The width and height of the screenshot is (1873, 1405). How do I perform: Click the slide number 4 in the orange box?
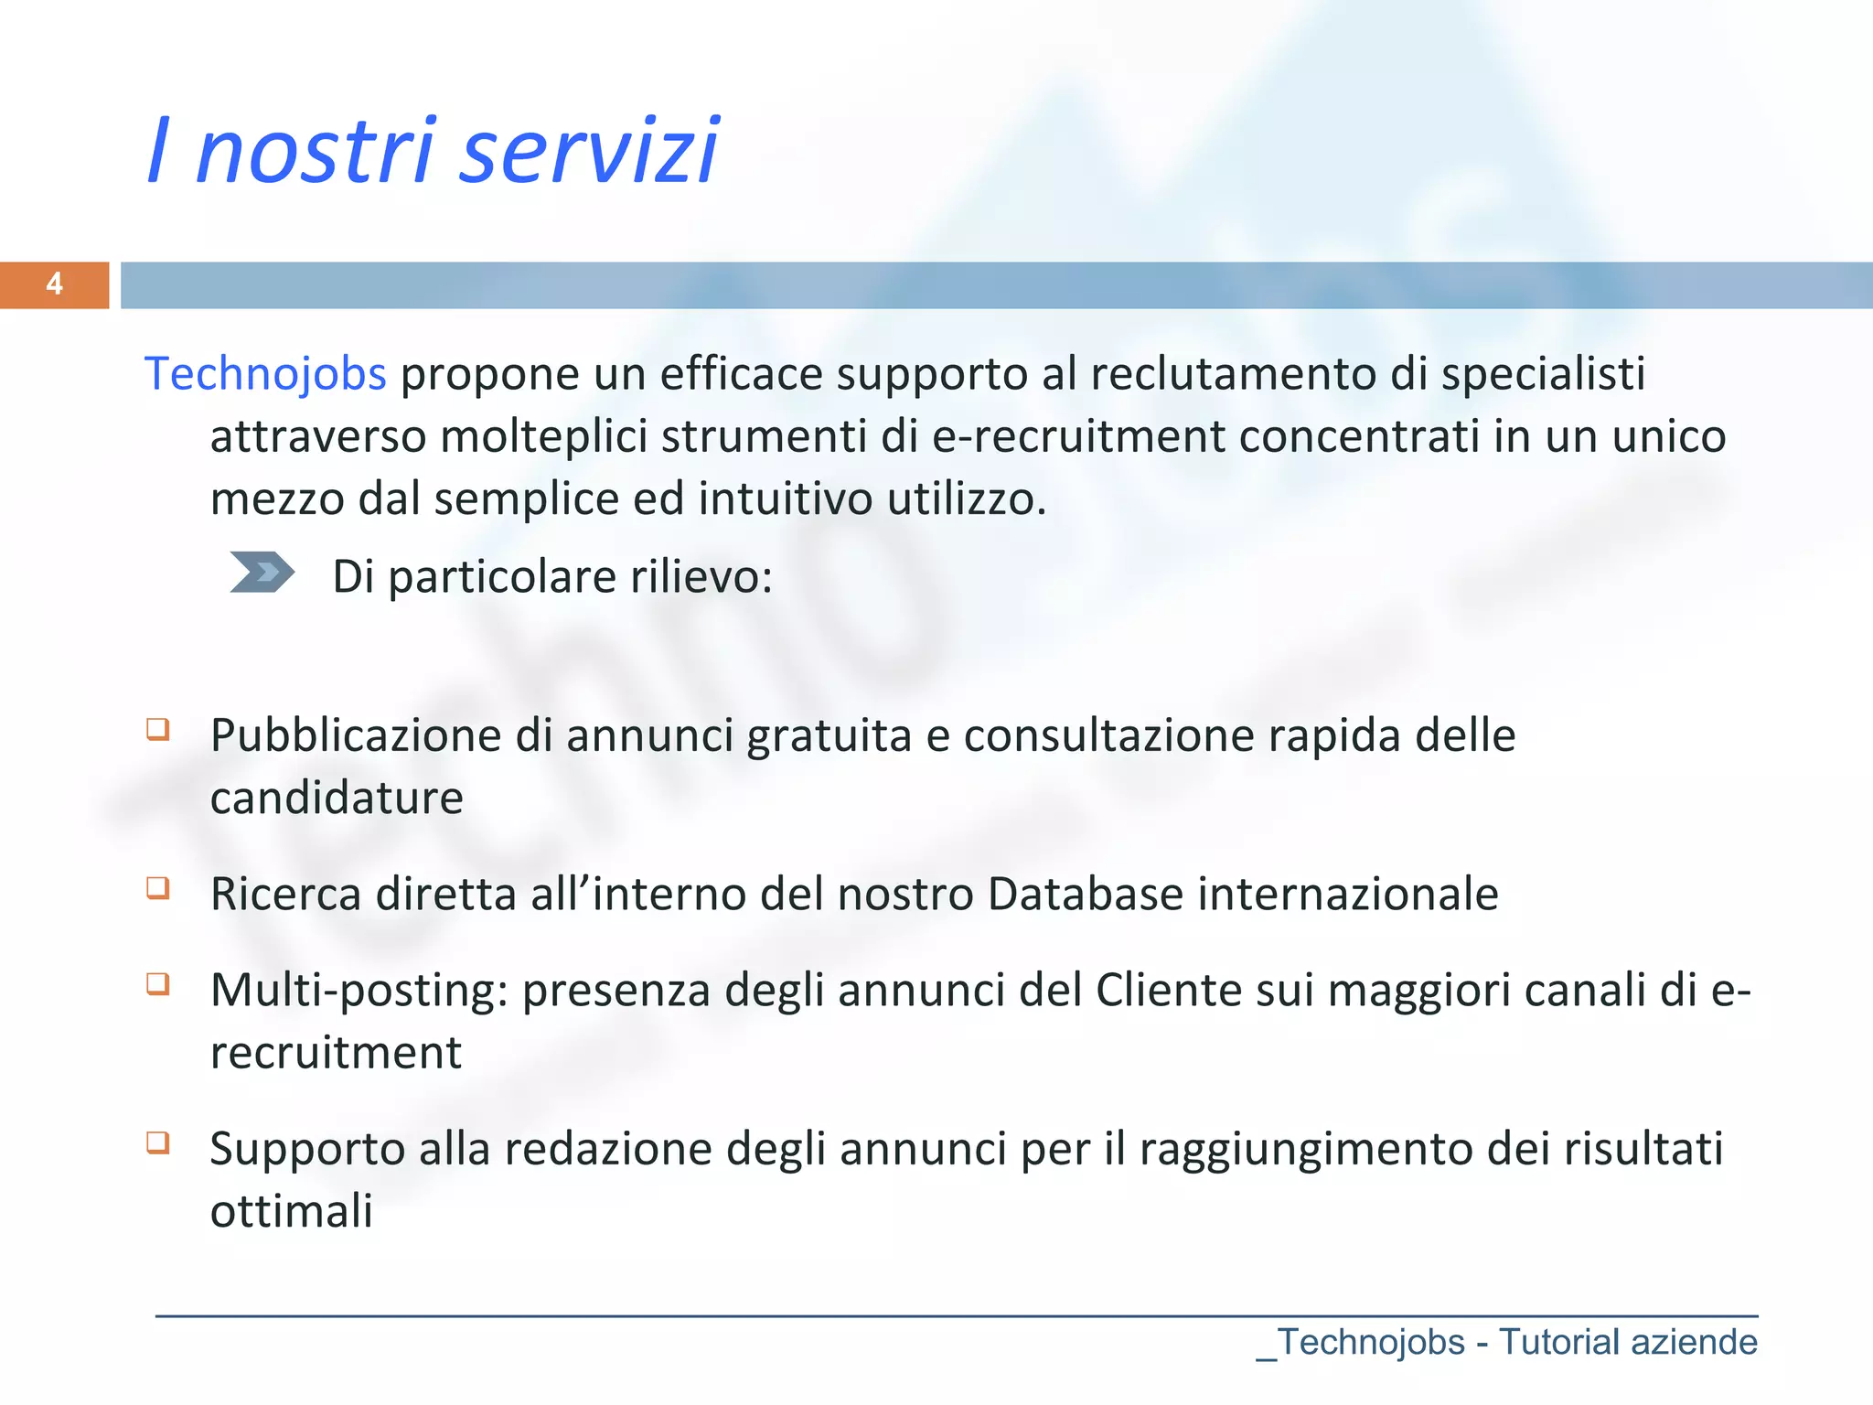[x=54, y=284]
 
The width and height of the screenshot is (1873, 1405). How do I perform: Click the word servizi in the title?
[x=589, y=151]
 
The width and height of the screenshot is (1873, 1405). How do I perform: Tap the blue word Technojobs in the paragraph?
[x=265, y=374]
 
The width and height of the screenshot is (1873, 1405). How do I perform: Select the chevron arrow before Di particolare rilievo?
[x=262, y=573]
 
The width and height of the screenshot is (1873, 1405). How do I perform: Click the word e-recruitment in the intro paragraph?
[x=1078, y=436]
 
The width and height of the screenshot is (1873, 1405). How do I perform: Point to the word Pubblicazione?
[x=356, y=736]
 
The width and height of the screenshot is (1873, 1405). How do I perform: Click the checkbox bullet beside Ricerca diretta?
[x=158, y=887]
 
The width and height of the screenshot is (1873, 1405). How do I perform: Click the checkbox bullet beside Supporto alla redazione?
[x=158, y=1142]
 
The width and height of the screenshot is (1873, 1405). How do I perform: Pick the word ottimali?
[x=291, y=1212]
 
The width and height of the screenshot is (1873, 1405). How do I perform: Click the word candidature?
[x=337, y=799]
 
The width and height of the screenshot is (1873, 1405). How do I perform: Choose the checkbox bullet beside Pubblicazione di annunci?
[x=158, y=729]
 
